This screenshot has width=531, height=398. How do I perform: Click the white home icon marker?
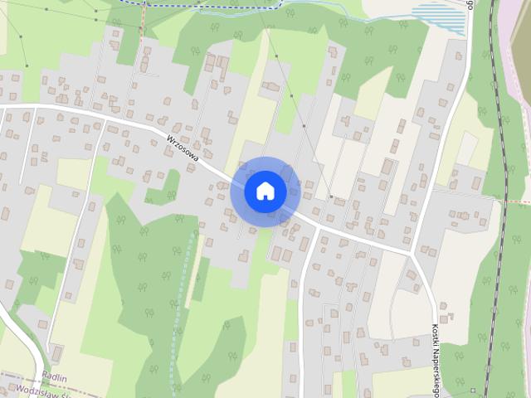pos(265,191)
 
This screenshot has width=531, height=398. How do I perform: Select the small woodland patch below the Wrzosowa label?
pos(164,189)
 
